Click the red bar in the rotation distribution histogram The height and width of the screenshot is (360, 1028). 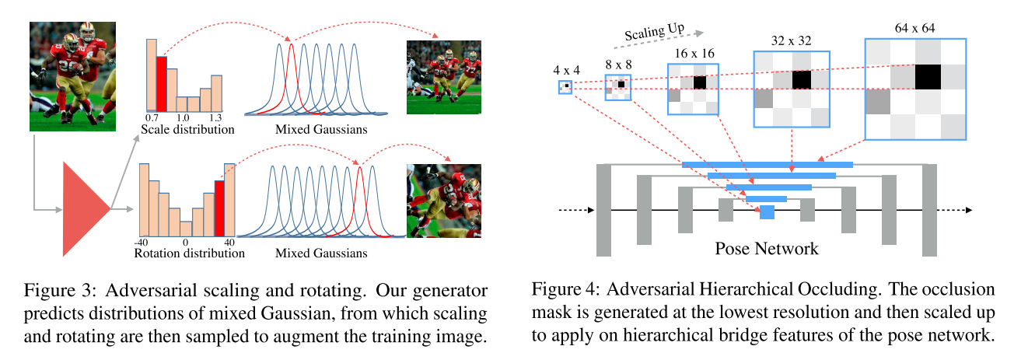219,208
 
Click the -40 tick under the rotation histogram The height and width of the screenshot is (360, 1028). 142,242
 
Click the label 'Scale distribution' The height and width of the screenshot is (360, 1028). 187,129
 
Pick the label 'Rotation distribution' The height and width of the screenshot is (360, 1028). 190,253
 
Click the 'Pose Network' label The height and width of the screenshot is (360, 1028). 767,249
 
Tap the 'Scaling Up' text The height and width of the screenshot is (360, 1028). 654,30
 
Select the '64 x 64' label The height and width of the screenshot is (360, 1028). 914,27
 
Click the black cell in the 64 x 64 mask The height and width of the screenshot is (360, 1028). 928,77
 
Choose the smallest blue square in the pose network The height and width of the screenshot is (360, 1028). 767,211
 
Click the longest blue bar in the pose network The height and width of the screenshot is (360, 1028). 767,165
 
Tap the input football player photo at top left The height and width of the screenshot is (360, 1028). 72,75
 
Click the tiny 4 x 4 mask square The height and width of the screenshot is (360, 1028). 565,87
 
